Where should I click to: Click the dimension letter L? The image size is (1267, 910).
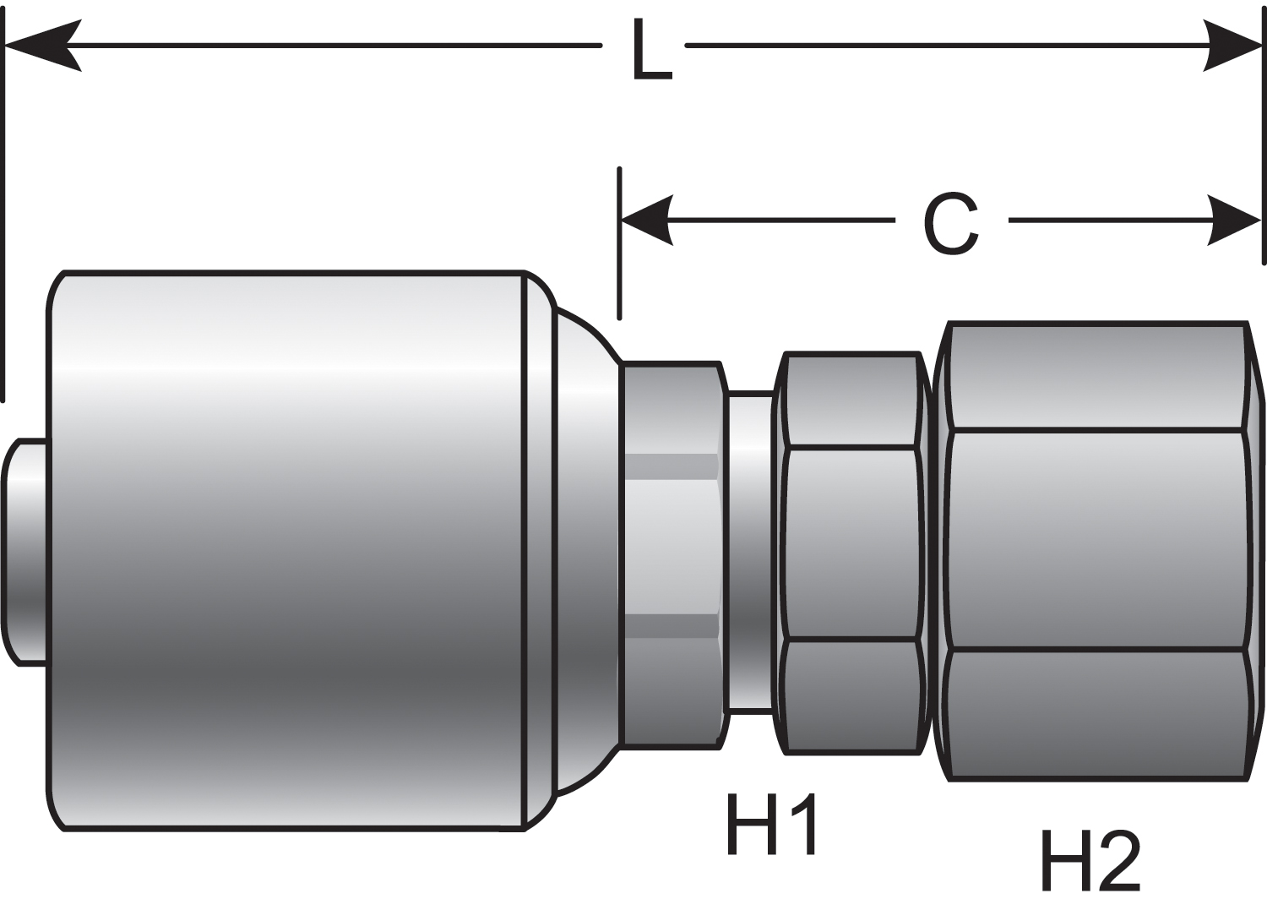pyautogui.click(x=651, y=51)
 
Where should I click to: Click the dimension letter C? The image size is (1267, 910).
pyautogui.click(x=951, y=223)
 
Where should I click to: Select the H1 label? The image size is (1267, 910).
pyautogui.click(x=770, y=825)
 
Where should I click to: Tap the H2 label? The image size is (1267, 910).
pyautogui.click(x=1090, y=860)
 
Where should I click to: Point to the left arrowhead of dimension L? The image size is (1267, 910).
pyautogui.click(x=42, y=45)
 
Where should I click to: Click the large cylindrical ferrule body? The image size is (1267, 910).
pyautogui.click(x=287, y=549)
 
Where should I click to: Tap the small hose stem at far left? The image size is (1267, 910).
pyautogui.click(x=25, y=551)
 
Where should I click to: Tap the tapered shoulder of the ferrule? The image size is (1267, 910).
pyautogui.click(x=583, y=549)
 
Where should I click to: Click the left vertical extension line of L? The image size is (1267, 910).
pyautogui.click(x=4, y=211)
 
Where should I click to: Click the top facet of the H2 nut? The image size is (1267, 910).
pyautogui.click(x=1098, y=377)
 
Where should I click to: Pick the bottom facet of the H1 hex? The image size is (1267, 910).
pyautogui.click(x=851, y=695)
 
